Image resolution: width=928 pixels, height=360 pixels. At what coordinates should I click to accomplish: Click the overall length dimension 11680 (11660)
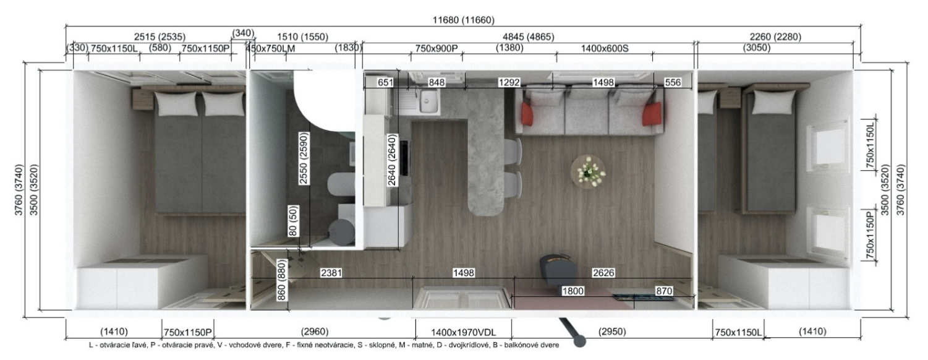pos(463,20)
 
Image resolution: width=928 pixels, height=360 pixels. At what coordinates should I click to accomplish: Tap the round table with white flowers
pos(588,172)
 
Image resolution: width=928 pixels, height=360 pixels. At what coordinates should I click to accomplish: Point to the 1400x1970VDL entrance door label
pos(463,332)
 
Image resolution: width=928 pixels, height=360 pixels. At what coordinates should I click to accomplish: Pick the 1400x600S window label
pos(605,48)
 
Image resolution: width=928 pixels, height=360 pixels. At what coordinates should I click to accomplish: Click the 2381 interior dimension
pos(331,273)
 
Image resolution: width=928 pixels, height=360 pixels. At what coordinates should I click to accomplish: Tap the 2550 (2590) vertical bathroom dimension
pos(304,158)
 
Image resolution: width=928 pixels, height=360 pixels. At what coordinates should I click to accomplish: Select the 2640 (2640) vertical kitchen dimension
pos(392,160)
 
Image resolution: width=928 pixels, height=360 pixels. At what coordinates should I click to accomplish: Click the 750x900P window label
pos(436,48)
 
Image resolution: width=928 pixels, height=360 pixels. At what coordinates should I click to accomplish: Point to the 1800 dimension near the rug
pos(573,291)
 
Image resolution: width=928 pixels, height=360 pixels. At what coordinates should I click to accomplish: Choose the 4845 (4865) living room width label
pos(528,37)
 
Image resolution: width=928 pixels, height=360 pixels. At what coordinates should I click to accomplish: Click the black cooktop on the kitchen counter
pos(404,158)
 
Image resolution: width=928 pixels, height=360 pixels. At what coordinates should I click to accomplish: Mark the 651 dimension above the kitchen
pos(385,82)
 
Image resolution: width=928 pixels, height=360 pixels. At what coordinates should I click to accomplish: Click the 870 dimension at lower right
pos(663,291)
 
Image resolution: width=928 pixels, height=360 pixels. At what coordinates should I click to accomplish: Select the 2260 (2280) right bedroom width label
pos(775,37)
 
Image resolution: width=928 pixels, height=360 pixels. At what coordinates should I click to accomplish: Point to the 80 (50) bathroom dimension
pos(293,220)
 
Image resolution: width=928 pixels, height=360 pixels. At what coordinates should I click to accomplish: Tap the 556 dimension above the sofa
pos(673,82)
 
